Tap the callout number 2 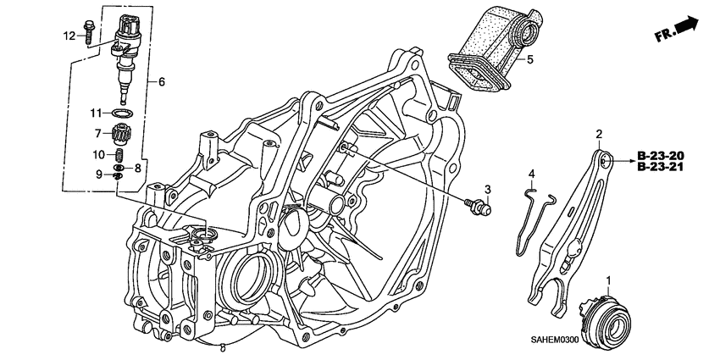click(599, 135)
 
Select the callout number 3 click(487, 188)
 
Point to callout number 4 click(532, 174)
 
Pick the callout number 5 click(529, 60)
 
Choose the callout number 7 click(98, 133)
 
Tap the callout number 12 click(69, 35)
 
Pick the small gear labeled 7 click(124, 134)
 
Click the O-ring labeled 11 click(124, 113)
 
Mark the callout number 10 click(98, 155)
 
